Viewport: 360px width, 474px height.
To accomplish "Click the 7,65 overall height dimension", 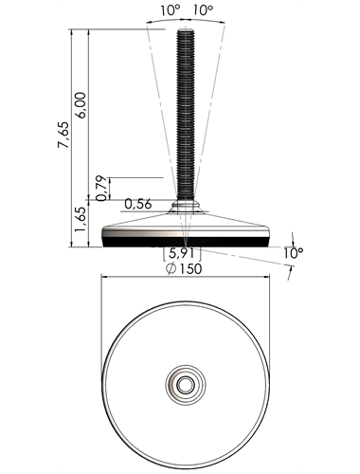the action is point(63,135).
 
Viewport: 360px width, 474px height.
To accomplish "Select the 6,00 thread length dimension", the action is point(81,105).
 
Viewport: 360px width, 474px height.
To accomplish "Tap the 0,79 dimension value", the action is point(102,189).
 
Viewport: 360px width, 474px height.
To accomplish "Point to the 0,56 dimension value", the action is point(138,204).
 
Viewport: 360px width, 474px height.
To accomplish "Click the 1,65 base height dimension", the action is point(81,220).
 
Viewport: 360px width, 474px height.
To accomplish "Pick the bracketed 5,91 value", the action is point(182,253).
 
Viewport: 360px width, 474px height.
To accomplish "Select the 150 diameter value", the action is point(190,269).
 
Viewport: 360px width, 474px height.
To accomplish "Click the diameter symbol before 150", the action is point(171,269).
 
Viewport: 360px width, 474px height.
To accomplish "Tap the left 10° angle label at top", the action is point(170,10).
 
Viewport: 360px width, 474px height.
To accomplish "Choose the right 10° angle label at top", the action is point(203,10).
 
